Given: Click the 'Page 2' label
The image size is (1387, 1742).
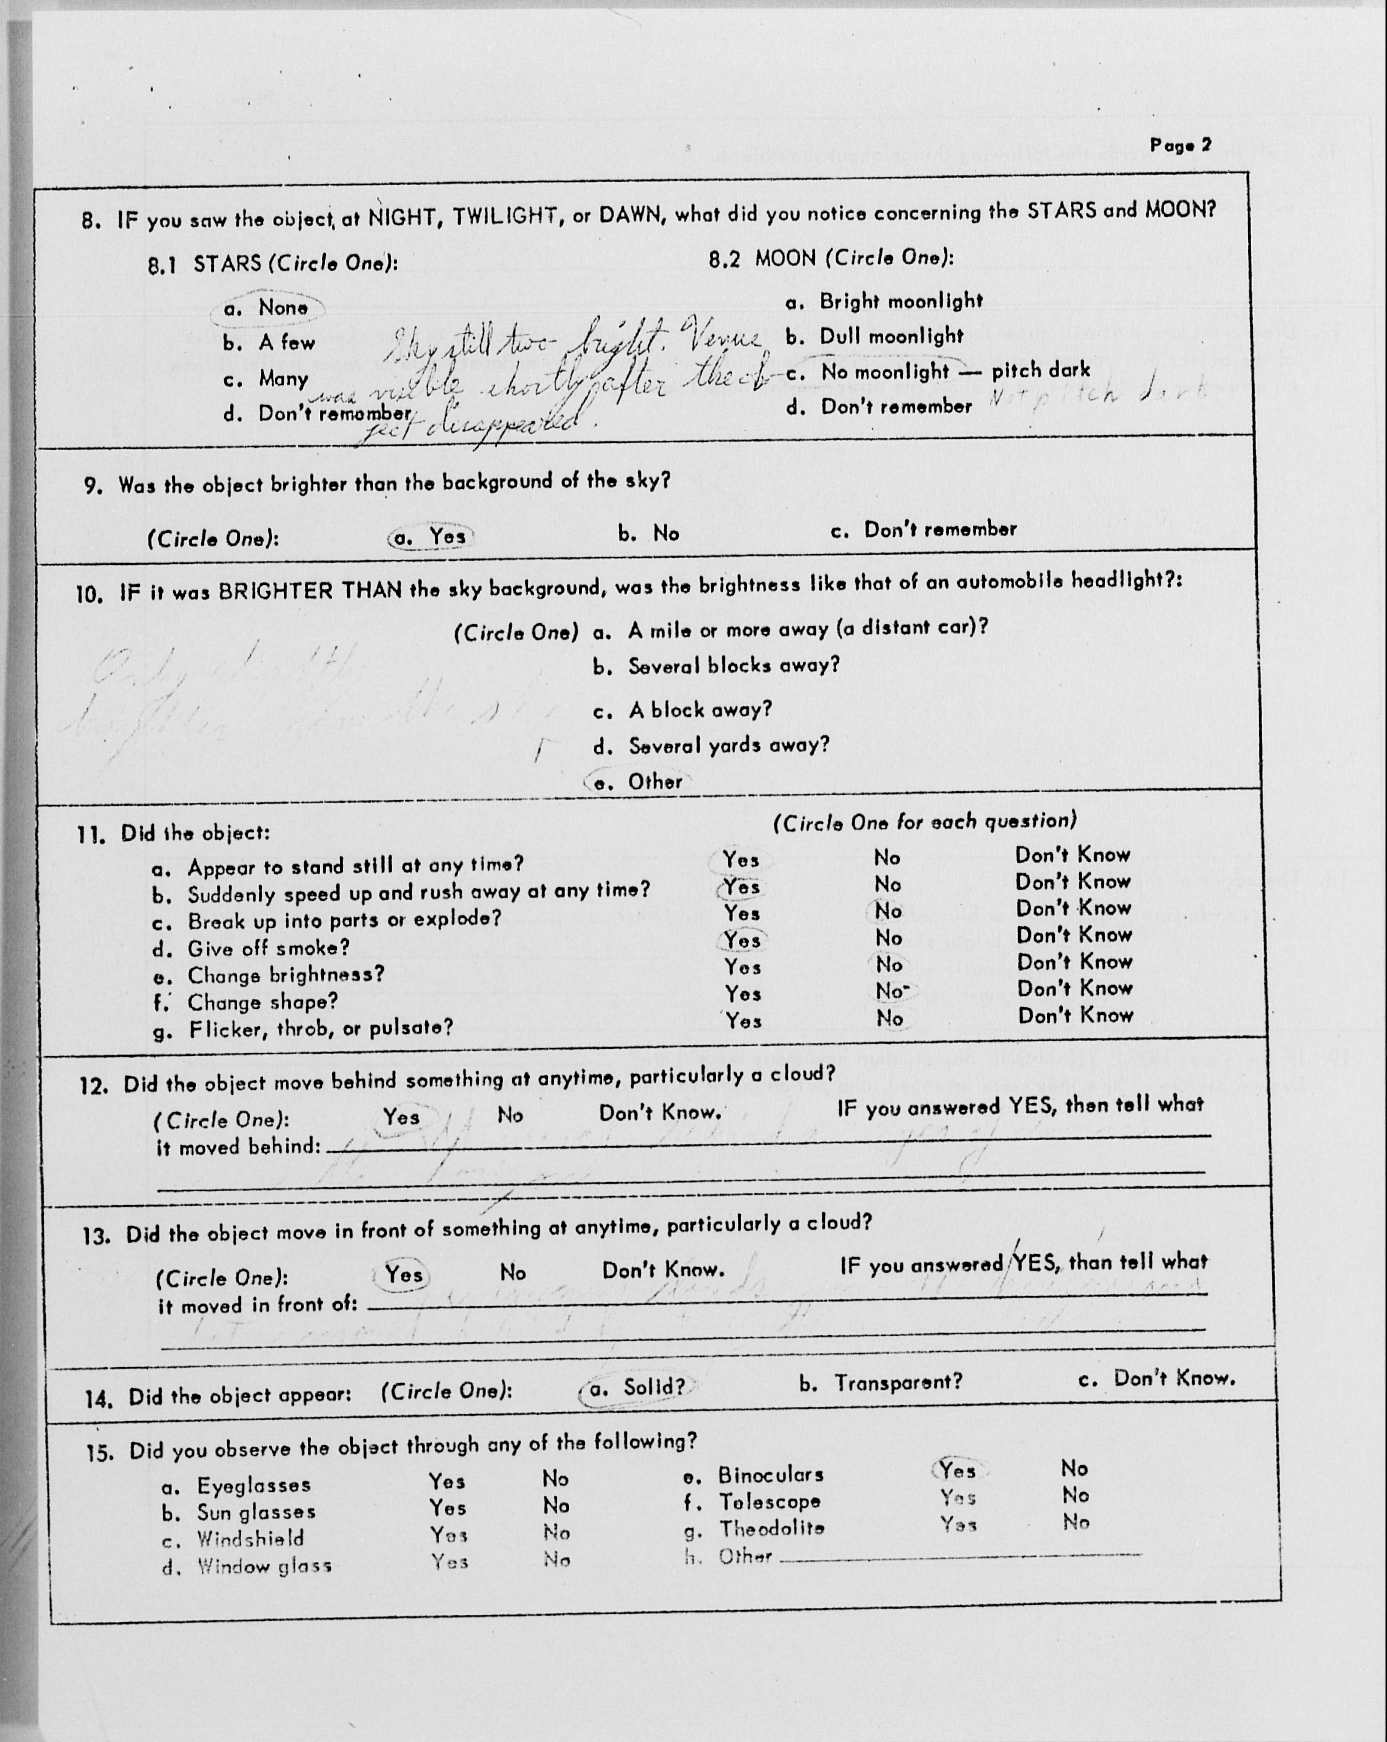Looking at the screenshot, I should pyautogui.click(x=1180, y=145).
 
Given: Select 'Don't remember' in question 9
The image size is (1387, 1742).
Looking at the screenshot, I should pyautogui.click(x=939, y=530).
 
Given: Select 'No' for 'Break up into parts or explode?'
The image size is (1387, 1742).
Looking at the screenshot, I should pyautogui.click(x=888, y=911).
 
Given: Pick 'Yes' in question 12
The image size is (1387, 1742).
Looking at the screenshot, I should pyautogui.click(x=402, y=1118).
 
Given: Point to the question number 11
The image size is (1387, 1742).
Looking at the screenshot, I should pyautogui.click(x=91, y=835).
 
